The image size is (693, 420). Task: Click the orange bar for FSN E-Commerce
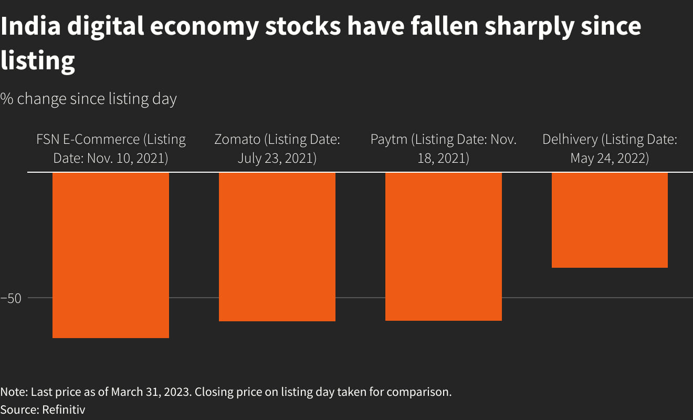[111, 255]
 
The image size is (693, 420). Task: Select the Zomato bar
[277, 246]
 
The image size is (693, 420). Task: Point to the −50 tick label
[11, 298]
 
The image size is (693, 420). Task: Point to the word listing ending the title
[38, 61]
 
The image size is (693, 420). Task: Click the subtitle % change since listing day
[89, 99]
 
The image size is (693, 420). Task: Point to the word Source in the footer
[18, 409]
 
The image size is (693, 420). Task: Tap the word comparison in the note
[419, 392]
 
